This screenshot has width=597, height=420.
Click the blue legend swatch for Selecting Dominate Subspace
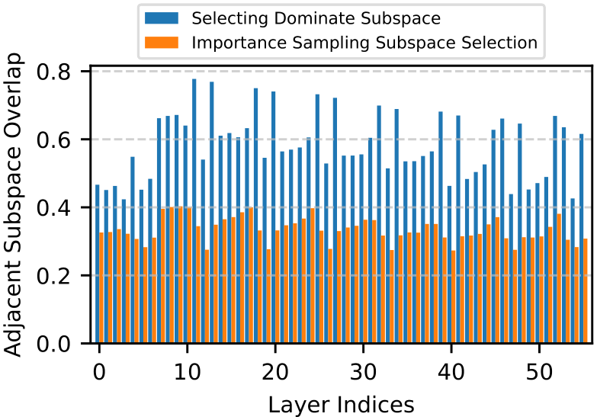pyautogui.click(x=162, y=18)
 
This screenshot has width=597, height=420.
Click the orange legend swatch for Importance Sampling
pyautogui.click(x=162, y=42)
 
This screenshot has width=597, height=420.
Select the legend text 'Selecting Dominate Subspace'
pyautogui.click(x=316, y=18)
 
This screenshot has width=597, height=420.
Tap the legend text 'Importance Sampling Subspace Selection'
pyautogui.click(x=364, y=43)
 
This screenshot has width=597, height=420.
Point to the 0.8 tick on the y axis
pyautogui.click(x=53, y=72)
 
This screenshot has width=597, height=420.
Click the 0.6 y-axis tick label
pyautogui.click(x=53, y=139)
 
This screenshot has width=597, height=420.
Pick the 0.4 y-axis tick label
pyautogui.click(x=53, y=207)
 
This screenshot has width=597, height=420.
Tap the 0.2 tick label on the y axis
pyautogui.click(x=53, y=276)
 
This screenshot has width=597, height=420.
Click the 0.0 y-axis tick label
pyautogui.click(x=53, y=344)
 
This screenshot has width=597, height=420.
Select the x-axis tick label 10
pyautogui.click(x=187, y=372)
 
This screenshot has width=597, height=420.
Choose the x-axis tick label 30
pyautogui.click(x=363, y=372)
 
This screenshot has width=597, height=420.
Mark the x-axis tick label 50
pyautogui.click(x=539, y=372)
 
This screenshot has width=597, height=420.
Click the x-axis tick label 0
pyautogui.click(x=99, y=372)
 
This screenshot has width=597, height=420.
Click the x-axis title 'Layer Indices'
pyautogui.click(x=341, y=405)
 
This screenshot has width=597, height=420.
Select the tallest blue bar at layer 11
pyautogui.click(x=194, y=211)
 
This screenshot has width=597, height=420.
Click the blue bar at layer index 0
pyautogui.click(x=98, y=264)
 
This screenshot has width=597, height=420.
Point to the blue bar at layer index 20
pyautogui.click(x=274, y=217)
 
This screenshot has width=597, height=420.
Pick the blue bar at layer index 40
pyautogui.click(x=449, y=265)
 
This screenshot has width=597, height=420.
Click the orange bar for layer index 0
pyautogui.click(x=101, y=288)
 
